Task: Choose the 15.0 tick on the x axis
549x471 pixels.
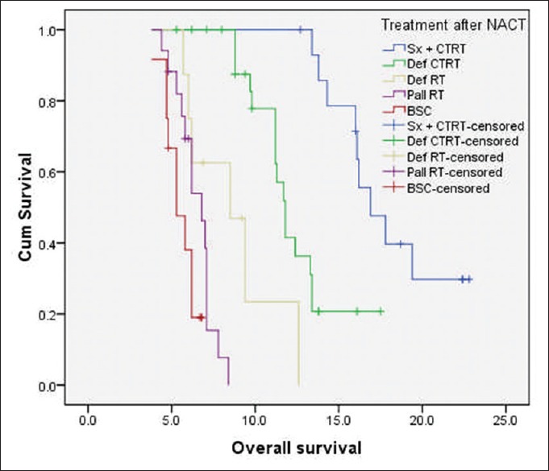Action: [339, 419]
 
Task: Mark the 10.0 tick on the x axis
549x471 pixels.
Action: [255, 419]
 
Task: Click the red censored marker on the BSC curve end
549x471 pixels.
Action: [201, 317]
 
